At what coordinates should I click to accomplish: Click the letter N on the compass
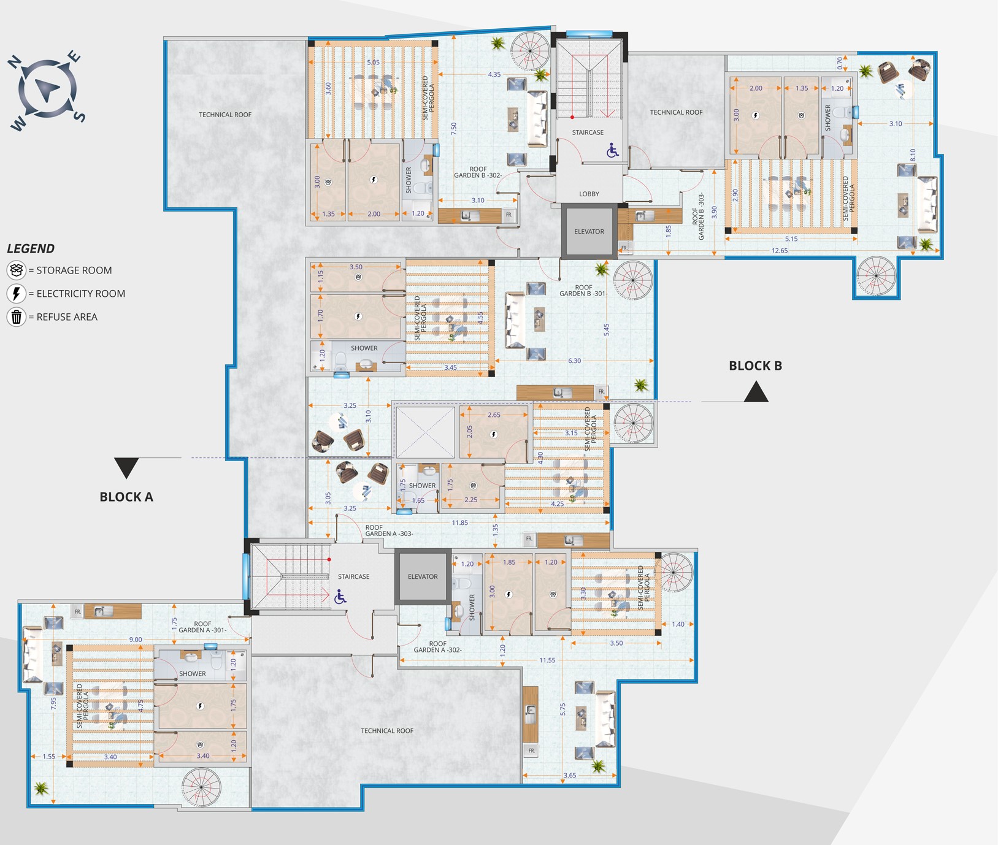click(15, 62)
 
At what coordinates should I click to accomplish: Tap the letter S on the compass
click(80, 117)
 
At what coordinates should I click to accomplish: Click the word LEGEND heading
click(31, 248)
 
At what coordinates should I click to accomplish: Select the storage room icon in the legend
click(17, 270)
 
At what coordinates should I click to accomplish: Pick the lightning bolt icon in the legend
click(17, 294)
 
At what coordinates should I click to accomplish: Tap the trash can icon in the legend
click(17, 317)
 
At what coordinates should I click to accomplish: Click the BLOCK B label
click(755, 366)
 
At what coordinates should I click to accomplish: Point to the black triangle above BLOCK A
click(126, 467)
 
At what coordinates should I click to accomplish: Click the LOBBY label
click(589, 194)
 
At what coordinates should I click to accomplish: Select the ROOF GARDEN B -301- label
click(583, 291)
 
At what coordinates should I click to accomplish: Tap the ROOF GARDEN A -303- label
click(389, 530)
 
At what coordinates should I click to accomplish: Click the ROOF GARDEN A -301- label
click(202, 627)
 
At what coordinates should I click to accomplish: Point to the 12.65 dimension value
click(780, 250)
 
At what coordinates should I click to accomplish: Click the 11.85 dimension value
click(459, 522)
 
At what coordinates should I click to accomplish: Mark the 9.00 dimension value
click(135, 640)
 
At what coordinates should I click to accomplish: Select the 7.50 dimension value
click(454, 129)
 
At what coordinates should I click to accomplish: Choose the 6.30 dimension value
click(574, 361)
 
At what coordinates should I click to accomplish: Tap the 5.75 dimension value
click(562, 709)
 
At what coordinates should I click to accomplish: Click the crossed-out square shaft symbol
click(425, 432)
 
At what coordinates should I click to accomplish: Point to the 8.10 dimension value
click(913, 155)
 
